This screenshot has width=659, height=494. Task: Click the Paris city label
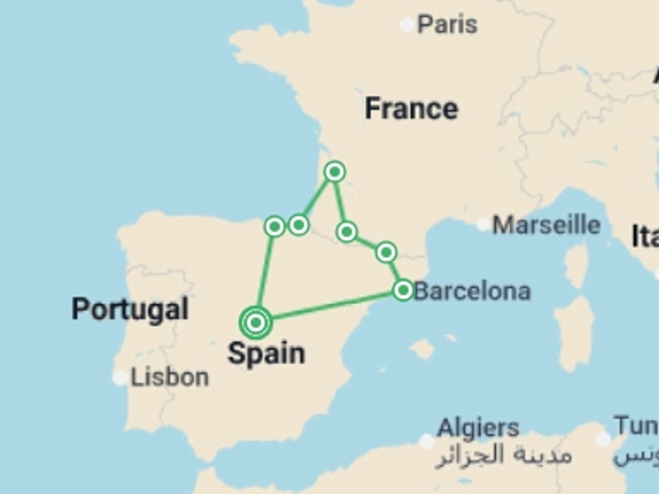tap(447, 25)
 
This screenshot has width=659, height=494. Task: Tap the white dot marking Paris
tap(407, 25)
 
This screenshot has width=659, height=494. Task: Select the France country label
tap(411, 109)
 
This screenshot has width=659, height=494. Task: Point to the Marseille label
tap(546, 225)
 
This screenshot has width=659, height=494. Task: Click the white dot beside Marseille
tap(483, 224)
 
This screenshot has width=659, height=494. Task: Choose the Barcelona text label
tap(472, 292)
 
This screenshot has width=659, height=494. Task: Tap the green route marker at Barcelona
tap(403, 291)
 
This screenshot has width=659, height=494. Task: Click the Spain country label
tap(266, 354)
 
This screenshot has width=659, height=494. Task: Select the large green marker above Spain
tap(256, 322)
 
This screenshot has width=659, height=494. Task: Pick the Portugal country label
tap(130, 309)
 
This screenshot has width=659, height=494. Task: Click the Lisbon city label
tap(170, 378)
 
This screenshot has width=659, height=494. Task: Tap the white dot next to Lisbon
tap(120, 378)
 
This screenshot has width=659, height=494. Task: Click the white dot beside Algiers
tap(427, 441)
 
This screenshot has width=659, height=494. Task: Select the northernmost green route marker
tap(335, 172)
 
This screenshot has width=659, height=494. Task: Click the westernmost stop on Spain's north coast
tap(275, 226)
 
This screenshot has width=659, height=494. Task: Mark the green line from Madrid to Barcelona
tap(329, 306)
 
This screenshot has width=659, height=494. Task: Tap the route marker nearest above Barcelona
tap(386, 252)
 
